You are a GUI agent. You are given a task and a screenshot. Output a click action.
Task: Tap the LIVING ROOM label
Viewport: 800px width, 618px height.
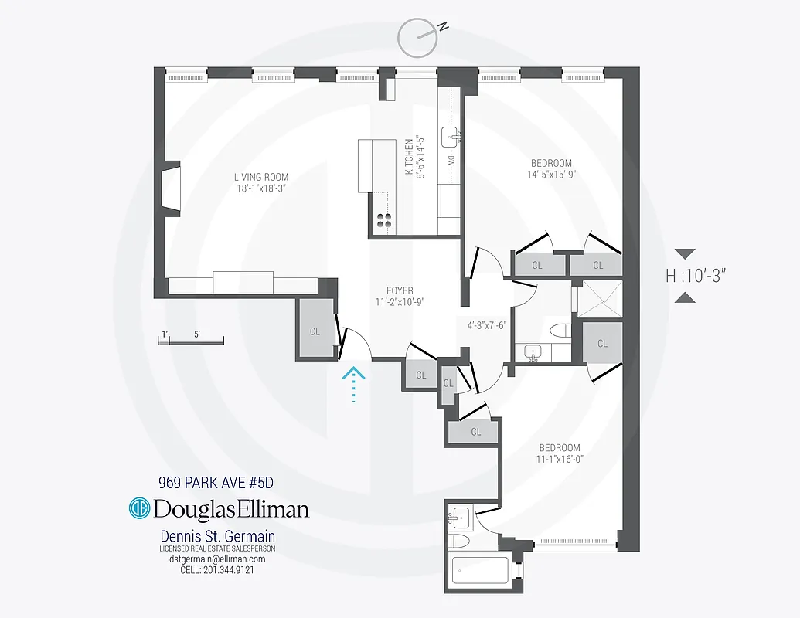pyautogui.click(x=261, y=177)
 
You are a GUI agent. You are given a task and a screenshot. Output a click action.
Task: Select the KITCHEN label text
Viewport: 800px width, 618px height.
pyautogui.click(x=409, y=157)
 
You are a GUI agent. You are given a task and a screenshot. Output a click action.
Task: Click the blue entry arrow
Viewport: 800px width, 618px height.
pyautogui.click(x=353, y=384)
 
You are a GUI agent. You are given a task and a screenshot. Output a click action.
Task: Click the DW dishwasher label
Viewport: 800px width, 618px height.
pyautogui.click(x=451, y=161)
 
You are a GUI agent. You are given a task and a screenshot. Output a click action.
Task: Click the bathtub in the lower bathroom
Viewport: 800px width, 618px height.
pyautogui.click(x=480, y=572)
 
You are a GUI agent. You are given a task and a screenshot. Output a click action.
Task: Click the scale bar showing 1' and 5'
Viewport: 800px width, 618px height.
pyautogui.click(x=190, y=339)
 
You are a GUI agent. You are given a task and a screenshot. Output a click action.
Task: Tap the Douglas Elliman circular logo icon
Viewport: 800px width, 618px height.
pyautogui.click(x=139, y=509)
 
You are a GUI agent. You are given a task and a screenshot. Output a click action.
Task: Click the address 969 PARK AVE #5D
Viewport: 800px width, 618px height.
pyautogui.click(x=216, y=484)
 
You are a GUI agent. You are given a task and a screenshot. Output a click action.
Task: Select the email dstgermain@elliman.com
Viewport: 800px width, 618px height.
pyautogui.click(x=217, y=559)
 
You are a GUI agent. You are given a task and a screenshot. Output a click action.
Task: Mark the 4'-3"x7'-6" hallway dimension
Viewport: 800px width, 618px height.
pyautogui.click(x=486, y=324)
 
